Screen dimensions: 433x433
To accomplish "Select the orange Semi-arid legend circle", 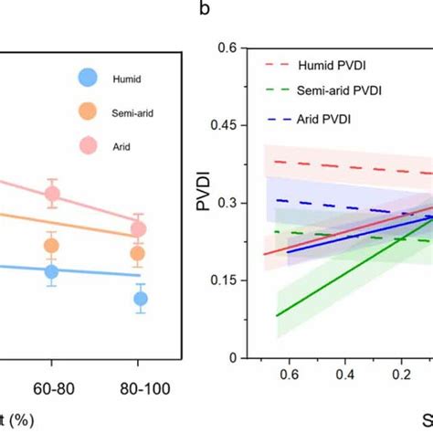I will point(88,112).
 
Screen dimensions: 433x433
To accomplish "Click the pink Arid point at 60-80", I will point(52,194).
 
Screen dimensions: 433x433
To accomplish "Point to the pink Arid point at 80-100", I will point(139,229).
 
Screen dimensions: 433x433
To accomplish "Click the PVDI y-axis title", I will point(205,203).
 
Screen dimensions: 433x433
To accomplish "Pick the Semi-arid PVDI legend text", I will point(341,90).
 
